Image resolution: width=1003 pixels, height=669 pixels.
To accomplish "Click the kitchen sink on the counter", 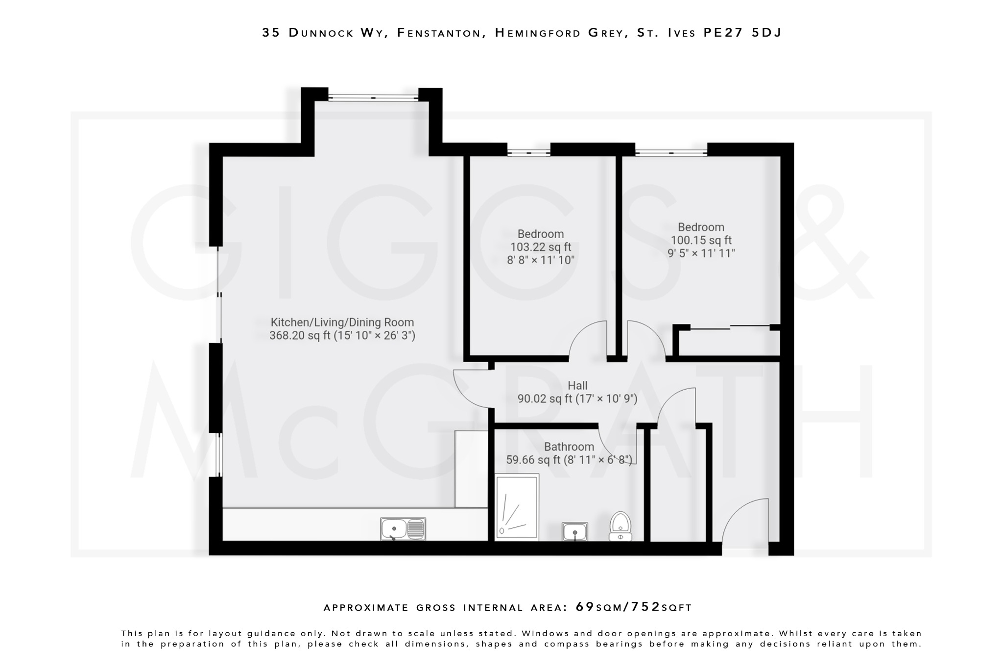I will [x=403, y=529].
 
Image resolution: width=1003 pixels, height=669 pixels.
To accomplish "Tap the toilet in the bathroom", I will [x=620, y=526].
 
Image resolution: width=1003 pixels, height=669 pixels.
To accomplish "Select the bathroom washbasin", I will [x=574, y=531].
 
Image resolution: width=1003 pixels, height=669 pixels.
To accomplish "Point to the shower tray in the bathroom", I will [x=517, y=507].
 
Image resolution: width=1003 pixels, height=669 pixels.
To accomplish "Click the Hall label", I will [x=577, y=386].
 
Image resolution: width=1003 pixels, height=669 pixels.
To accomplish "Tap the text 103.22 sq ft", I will [x=541, y=247].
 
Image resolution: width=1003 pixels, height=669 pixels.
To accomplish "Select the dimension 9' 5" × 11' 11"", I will [x=701, y=253].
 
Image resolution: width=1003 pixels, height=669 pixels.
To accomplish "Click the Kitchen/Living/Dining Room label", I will [x=342, y=322].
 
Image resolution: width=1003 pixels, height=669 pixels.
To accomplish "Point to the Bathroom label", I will [x=569, y=446].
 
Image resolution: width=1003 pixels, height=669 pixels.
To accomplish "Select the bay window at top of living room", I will [x=373, y=98].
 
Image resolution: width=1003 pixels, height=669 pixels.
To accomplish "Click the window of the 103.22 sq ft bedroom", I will [x=528, y=153].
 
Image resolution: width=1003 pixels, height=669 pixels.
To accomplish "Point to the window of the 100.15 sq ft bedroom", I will [x=671, y=153].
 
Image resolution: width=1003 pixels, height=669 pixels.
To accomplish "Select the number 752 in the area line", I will [x=645, y=607].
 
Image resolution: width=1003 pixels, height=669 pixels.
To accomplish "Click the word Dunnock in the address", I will [x=321, y=33].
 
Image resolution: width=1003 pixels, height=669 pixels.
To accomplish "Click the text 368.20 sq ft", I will [x=300, y=336].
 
